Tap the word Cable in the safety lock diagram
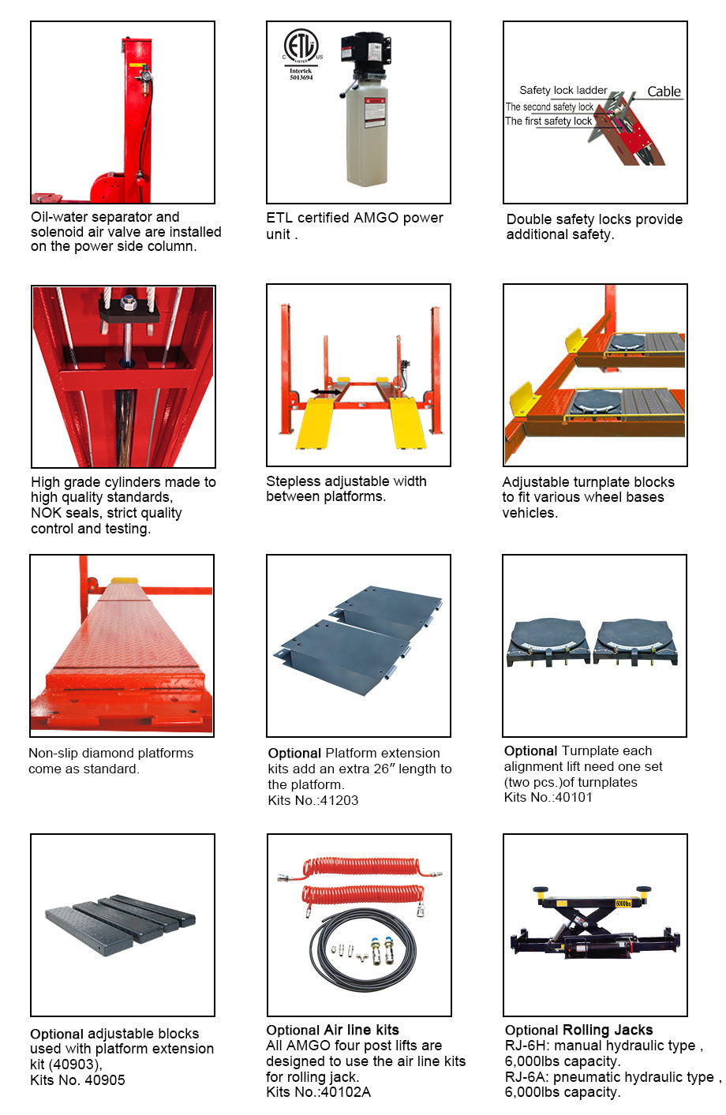pyautogui.click(x=664, y=92)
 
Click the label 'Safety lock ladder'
pyautogui.click(x=563, y=91)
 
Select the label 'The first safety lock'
pyautogui.click(x=548, y=122)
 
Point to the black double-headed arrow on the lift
pyautogui.click(x=325, y=391)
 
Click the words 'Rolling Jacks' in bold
pyautogui.click(x=607, y=1030)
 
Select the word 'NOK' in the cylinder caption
pyautogui.click(x=47, y=513)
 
